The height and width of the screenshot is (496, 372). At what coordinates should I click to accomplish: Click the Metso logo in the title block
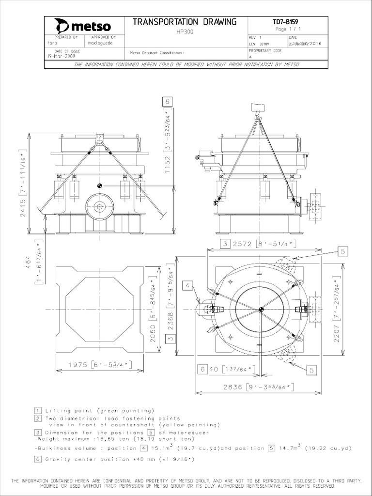click(82, 25)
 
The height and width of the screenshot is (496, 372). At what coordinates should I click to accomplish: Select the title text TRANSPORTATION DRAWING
click(185, 22)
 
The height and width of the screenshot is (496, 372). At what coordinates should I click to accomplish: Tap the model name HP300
click(185, 31)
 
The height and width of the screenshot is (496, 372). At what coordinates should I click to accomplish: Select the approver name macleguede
click(101, 43)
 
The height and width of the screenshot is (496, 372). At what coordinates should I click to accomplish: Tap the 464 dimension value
click(28, 263)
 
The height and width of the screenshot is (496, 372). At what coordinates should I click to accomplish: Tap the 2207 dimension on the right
click(337, 332)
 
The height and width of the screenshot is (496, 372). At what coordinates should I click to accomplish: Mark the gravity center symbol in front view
click(99, 186)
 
